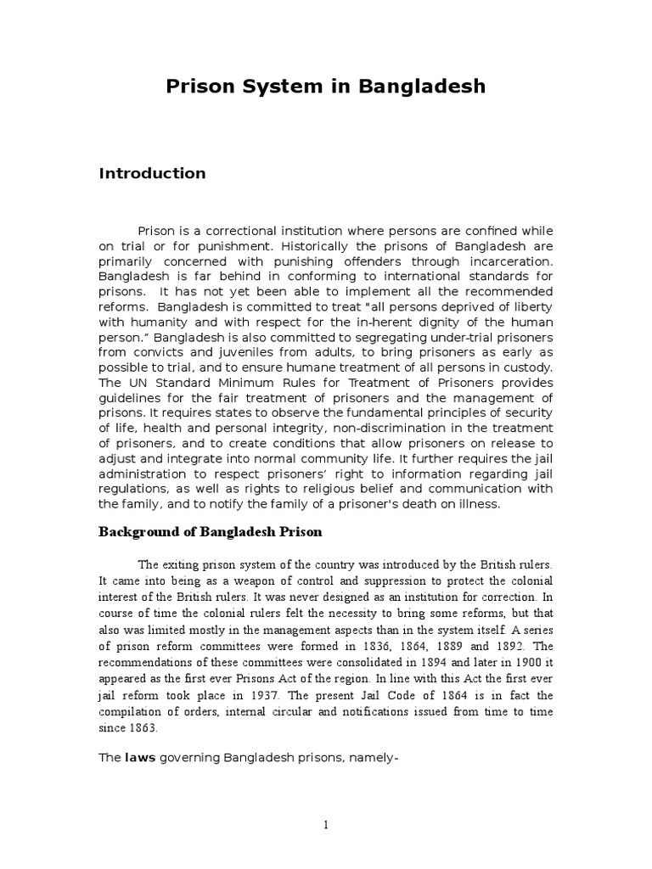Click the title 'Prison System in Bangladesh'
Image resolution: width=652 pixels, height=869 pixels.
pos(325,86)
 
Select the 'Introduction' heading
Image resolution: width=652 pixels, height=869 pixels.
pos(152,173)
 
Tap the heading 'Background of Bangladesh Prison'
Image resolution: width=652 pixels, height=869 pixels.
pos(211,532)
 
